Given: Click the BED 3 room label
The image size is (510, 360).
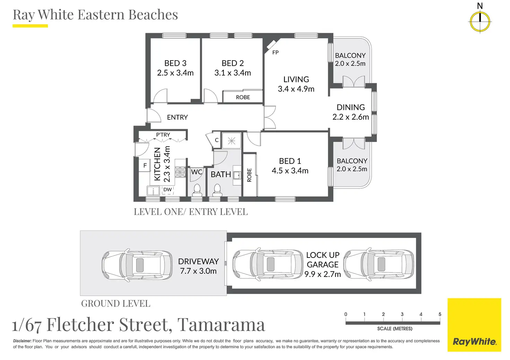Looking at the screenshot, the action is pos(175,63).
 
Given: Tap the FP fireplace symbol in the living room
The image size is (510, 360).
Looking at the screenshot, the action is pos(271,45).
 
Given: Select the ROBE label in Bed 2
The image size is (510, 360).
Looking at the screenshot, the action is pos(243,97).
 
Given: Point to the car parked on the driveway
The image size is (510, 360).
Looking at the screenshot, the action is pos(137,265).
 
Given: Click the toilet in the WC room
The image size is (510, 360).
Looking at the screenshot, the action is pos(197,191).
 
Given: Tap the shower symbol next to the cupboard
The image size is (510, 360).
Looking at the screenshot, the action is pos(231,141).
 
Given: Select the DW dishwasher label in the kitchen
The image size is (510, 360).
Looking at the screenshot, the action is pos(168,189).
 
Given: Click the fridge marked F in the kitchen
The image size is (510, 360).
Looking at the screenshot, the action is pos(145,165).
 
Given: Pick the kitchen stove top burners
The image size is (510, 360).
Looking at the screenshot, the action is pos(180,172).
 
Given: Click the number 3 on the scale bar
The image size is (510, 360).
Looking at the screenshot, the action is pos(402,314).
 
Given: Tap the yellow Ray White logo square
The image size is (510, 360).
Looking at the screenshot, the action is pos(474,325).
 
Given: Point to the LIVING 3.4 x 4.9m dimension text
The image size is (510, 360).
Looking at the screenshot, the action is pos(296,89).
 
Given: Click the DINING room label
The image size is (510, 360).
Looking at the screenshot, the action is pos(351,107).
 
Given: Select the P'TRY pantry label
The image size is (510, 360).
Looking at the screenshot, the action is pos(163,135).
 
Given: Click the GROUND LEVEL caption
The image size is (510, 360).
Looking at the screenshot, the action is pos(116,303).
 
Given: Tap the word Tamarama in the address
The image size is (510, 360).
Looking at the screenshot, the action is pos(221,325).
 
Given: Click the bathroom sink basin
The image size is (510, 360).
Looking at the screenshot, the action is pos(237,175).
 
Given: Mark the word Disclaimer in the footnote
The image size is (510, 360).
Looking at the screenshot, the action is pos(22,341).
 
